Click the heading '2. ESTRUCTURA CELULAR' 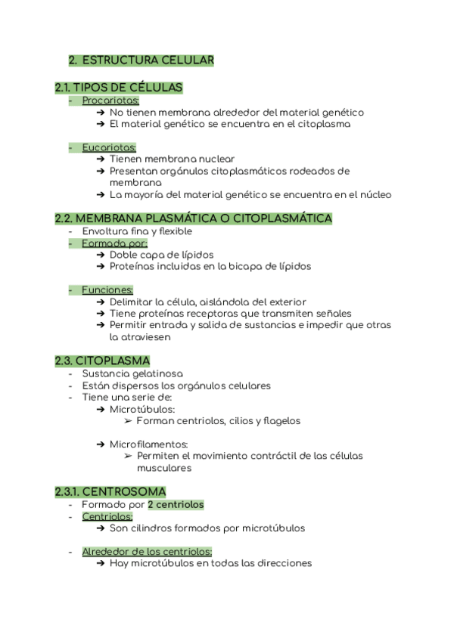click(141, 60)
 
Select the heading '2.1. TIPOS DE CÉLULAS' click(119, 88)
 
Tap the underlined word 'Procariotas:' click(110, 101)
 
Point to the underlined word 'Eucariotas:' click(109, 147)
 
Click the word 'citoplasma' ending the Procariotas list click(325, 124)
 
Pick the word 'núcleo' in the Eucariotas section click(375, 194)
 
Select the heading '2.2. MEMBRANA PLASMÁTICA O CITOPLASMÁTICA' click(194, 218)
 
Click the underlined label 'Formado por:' click(114, 243)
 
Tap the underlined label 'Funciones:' click(107, 290)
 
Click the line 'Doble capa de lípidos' click(161, 255)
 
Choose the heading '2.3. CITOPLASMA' click(102, 361)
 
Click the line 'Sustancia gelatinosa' click(132, 373)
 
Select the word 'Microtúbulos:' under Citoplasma click(142, 409)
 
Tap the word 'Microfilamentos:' click(149, 444)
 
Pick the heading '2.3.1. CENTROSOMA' click(110, 492)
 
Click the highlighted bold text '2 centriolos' click(176, 504)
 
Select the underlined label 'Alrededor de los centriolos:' click(147, 552)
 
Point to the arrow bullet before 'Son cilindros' click(101, 528)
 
